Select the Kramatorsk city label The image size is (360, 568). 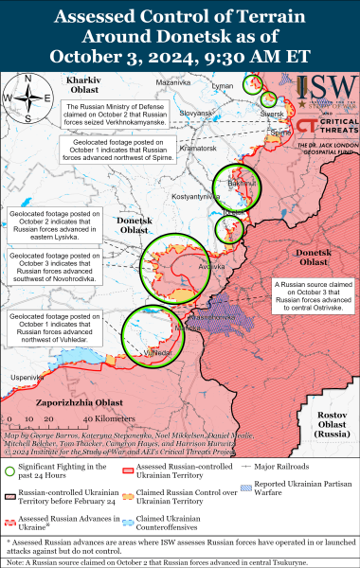click(x=197, y=148)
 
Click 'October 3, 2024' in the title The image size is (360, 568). click(x=179, y=51)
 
